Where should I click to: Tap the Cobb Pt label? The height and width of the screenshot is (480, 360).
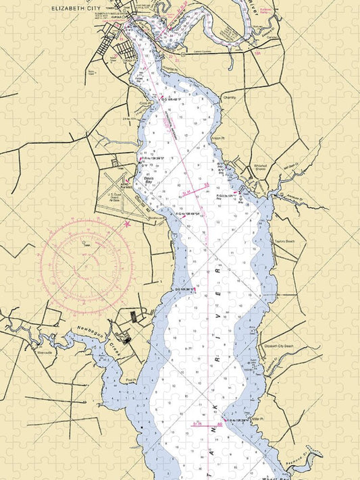[x=144, y=103]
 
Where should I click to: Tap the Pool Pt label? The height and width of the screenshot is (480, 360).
[x=132, y=381]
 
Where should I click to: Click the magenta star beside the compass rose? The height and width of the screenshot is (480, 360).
[x=127, y=223]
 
